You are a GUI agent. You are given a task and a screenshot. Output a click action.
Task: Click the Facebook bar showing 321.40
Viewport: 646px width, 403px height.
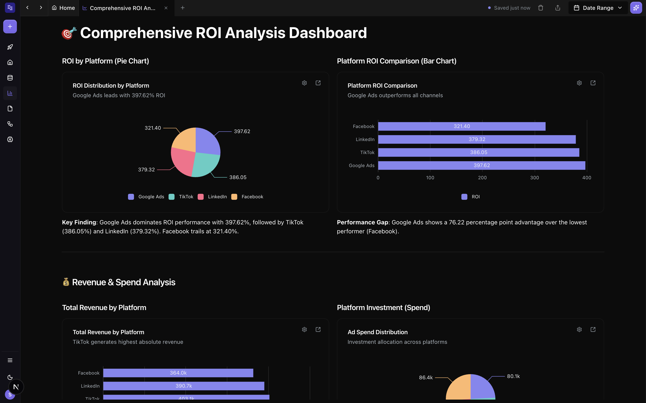tap(462, 126)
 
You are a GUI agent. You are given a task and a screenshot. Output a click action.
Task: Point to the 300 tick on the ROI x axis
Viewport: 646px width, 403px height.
tap(534, 178)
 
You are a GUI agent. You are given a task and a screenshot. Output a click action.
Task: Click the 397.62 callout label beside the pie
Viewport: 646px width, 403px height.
tap(242, 131)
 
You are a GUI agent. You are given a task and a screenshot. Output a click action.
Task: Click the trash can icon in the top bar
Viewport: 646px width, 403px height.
tap(540, 8)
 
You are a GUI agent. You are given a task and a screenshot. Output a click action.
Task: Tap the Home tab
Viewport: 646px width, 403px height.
tap(63, 8)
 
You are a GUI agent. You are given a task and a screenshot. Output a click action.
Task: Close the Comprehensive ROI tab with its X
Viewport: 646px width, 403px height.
tap(166, 8)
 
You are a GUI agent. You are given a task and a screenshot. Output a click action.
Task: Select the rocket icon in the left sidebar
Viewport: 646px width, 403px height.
tap(10, 47)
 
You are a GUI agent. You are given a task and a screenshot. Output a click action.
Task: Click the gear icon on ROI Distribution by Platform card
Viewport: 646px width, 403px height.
tap(304, 83)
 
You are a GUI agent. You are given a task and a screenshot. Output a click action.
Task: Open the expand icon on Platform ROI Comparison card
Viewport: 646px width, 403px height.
tap(593, 83)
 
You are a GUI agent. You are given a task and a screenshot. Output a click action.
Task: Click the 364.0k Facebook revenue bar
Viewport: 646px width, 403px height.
tap(178, 373)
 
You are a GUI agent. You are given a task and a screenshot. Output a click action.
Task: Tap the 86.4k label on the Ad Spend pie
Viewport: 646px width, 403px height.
tap(426, 377)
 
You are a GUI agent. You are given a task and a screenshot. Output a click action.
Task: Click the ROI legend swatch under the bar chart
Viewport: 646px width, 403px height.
tap(464, 197)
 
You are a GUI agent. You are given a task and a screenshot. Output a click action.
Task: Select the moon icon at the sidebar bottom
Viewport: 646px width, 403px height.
tap(10, 377)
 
